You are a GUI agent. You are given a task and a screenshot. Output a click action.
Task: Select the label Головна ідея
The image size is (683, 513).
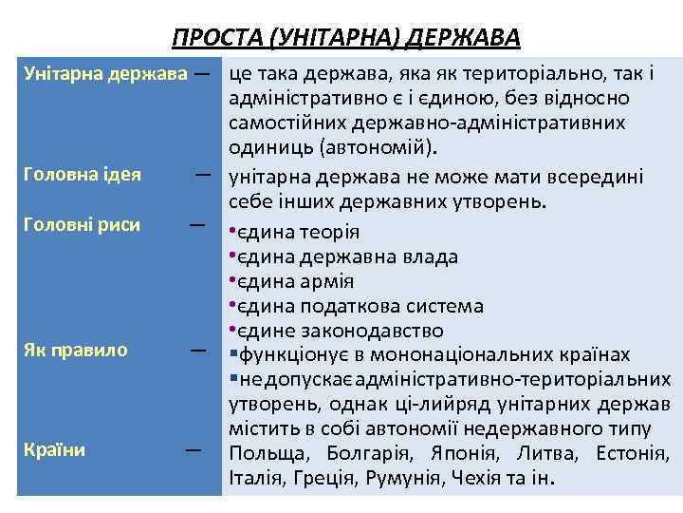click(83, 174)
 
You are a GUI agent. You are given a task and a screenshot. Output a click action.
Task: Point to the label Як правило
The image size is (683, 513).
click(75, 350)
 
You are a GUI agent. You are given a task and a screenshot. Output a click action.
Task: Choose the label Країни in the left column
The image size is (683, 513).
click(55, 449)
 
